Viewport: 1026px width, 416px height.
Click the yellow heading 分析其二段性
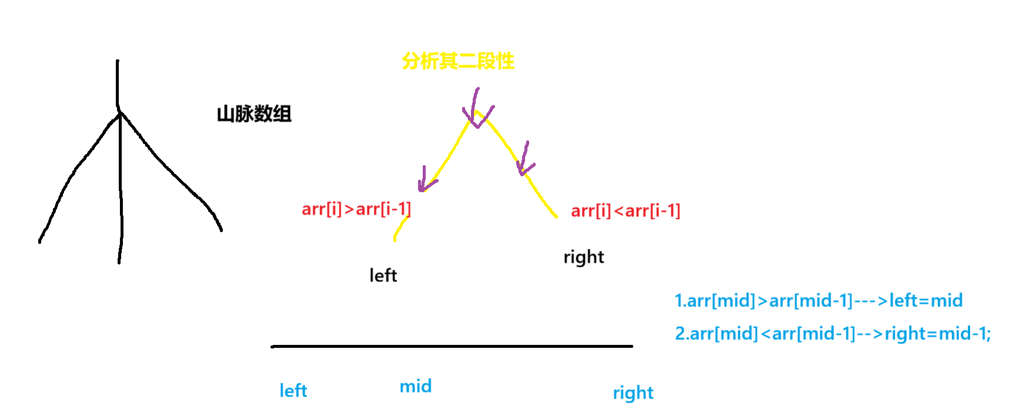click(x=458, y=61)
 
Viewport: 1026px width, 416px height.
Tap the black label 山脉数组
click(x=254, y=113)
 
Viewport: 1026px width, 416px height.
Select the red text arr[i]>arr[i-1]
click(x=356, y=209)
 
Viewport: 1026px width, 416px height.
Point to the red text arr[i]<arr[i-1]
click(x=625, y=211)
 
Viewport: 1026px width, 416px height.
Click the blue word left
click(x=293, y=391)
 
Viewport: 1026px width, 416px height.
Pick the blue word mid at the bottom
click(x=416, y=386)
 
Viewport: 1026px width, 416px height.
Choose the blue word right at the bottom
click(x=633, y=392)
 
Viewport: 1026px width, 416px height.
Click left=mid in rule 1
click(x=926, y=301)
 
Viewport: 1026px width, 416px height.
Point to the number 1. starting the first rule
click(x=680, y=301)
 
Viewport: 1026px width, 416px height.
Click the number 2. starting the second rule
click(x=681, y=334)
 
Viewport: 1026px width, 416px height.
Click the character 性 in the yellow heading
click(x=505, y=61)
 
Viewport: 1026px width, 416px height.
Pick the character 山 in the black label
click(x=226, y=113)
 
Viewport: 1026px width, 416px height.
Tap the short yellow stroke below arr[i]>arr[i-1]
click(x=400, y=229)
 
